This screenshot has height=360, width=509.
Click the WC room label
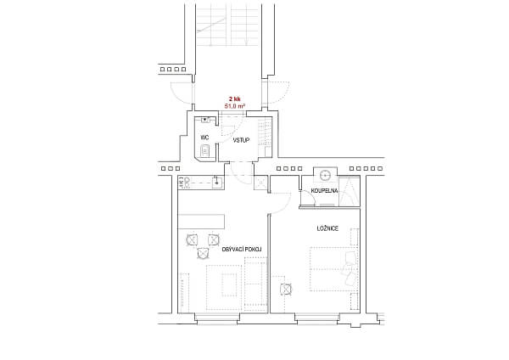[204, 138]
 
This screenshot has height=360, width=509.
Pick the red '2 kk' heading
[235, 98]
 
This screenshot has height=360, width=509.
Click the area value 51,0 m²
[235, 106]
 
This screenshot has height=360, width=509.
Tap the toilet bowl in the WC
[204, 151]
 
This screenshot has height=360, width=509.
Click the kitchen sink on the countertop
[217, 180]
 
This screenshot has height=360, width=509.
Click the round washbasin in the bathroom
[325, 176]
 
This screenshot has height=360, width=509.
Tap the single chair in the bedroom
[285, 288]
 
